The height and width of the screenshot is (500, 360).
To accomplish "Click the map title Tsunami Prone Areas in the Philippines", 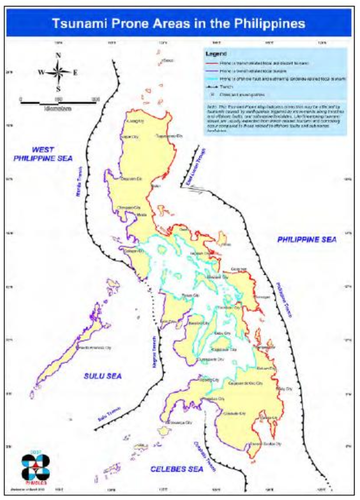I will point(179,23).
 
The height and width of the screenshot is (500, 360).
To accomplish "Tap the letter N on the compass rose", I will point(59,55).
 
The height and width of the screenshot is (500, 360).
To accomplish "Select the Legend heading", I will point(216,53).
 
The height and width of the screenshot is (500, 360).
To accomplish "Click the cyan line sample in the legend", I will point(213,78).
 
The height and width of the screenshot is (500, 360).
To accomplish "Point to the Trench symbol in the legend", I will point(213,86).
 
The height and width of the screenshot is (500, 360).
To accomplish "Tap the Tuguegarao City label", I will point(167,135).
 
